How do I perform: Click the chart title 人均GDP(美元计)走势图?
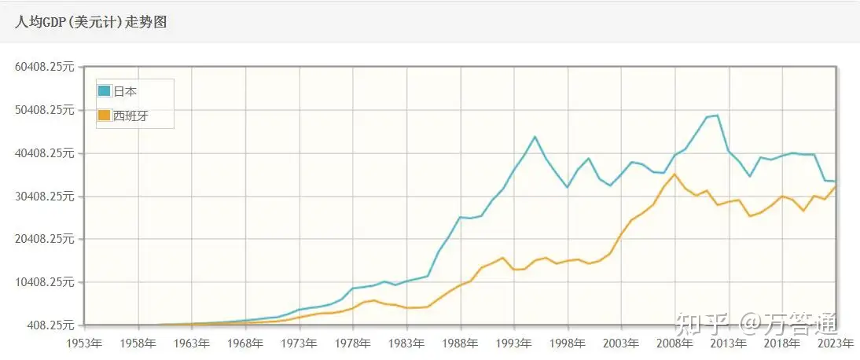click(x=91, y=22)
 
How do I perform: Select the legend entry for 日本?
click(x=125, y=91)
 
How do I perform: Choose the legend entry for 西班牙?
click(x=130, y=116)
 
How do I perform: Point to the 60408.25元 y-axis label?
click(x=45, y=67)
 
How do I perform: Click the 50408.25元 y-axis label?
click(x=45, y=110)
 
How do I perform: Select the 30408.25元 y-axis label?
click(x=45, y=197)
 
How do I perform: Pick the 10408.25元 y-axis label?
click(x=45, y=282)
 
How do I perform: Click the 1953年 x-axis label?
click(x=84, y=343)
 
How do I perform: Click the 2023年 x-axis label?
click(x=836, y=343)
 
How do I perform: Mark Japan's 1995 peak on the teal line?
click(x=535, y=137)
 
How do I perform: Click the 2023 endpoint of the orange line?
click(x=836, y=186)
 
